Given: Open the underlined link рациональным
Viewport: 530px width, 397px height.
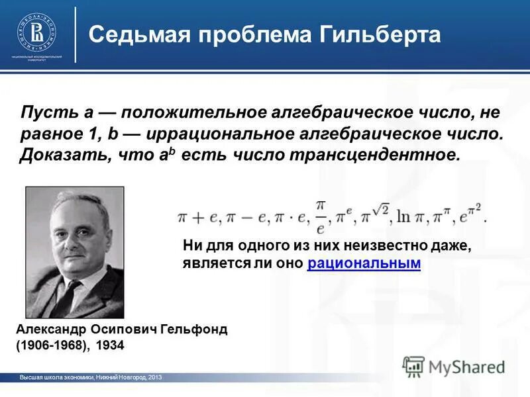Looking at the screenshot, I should pyautogui.click(x=364, y=263).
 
